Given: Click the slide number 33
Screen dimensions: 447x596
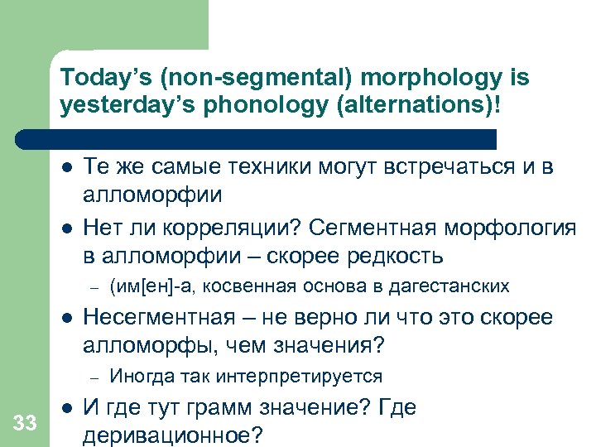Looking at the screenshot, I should click(25, 424).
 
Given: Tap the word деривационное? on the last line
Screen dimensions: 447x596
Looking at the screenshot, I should click(165, 435).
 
